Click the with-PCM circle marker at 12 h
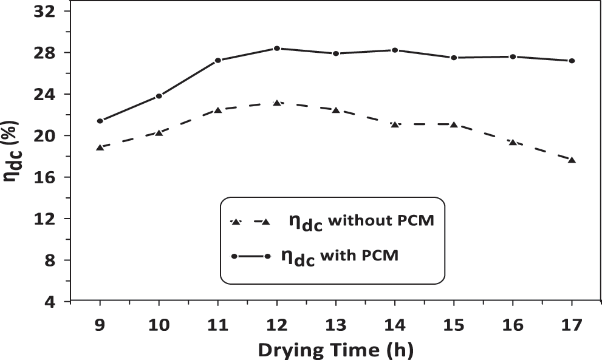277,48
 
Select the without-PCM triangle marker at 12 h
277,103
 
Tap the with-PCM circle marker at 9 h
100,121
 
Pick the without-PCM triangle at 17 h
572,160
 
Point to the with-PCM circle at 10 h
159,96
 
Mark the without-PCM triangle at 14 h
395,124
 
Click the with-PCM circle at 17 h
572,61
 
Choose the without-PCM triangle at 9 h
100,147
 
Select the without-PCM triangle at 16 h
513,142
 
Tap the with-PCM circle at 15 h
454,58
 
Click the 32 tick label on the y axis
44,12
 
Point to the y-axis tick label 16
44,177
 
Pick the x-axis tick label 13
336,325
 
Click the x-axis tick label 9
100,325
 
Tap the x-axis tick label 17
572,325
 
